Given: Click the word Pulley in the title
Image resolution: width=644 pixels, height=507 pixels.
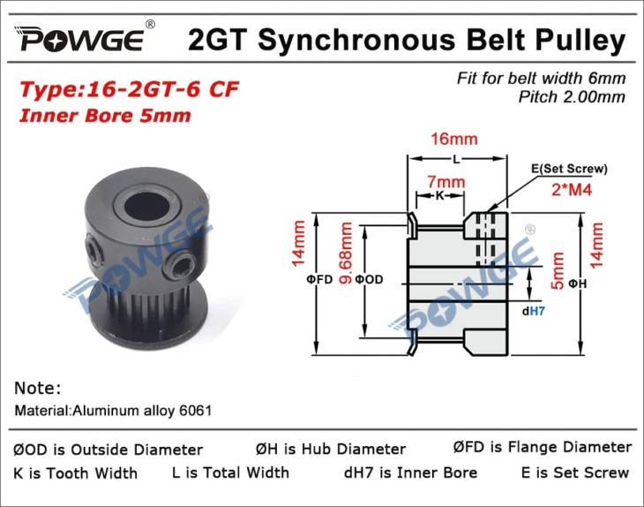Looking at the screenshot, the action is pos(580,42).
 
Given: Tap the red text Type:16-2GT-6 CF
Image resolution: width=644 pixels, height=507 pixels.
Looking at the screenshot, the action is pos(129,90).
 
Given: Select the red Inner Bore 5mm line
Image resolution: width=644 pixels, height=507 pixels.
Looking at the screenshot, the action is pos(105,116).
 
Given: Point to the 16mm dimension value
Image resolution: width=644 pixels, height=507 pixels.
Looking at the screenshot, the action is pos(453,139).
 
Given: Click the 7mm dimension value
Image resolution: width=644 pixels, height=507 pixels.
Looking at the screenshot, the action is pos(446,181).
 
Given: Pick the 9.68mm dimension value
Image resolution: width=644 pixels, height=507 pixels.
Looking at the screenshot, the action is pos(346,253).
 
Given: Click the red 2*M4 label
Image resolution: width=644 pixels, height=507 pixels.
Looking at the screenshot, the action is pos(572,190).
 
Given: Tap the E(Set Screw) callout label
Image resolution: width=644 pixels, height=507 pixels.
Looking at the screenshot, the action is pos(569,169).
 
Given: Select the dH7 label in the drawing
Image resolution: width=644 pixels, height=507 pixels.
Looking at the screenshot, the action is pos(533,311).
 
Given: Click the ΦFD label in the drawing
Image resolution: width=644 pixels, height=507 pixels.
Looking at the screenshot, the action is pos(319,280).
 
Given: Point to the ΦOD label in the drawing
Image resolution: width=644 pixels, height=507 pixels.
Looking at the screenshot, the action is pos(369,280).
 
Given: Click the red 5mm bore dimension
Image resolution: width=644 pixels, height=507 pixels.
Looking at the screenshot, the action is pos(558,271).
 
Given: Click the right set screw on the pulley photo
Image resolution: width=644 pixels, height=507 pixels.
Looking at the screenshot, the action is pos(181,269).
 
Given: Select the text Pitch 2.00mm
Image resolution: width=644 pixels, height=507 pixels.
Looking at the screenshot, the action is pos(572,97).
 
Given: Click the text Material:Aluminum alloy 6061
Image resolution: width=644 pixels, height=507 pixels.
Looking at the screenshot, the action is pos(113,411).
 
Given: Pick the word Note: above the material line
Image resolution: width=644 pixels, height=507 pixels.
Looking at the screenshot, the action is pos(37,388).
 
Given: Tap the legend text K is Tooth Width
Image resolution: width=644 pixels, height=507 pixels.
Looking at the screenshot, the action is pos(75,473).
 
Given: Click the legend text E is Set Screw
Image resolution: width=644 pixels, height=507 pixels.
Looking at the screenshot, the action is pos(575,473).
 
